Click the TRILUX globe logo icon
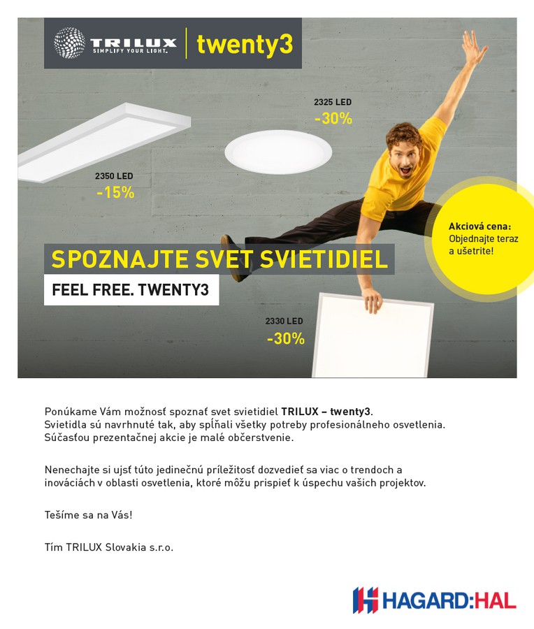70,43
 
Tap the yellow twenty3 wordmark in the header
244,44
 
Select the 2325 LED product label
333,102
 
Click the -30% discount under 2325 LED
333,119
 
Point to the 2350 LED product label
114,176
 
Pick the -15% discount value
115,193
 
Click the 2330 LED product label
284,321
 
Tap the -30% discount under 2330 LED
286,339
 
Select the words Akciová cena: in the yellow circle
479,226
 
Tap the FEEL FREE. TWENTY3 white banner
131,290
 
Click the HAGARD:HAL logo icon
365,600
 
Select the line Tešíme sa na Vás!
88,515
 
